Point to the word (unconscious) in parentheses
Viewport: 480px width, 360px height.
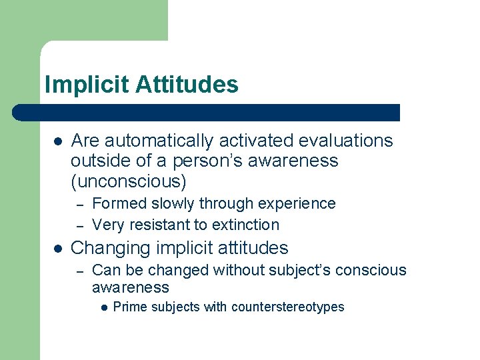pyautogui.click(x=129, y=181)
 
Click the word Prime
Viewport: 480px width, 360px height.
pyautogui.click(x=127, y=307)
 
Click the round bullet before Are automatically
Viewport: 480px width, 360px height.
pyautogui.click(x=58, y=141)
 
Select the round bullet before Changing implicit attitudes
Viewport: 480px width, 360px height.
pyautogui.click(x=58, y=249)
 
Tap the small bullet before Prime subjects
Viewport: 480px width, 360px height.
pyautogui.click(x=105, y=308)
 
